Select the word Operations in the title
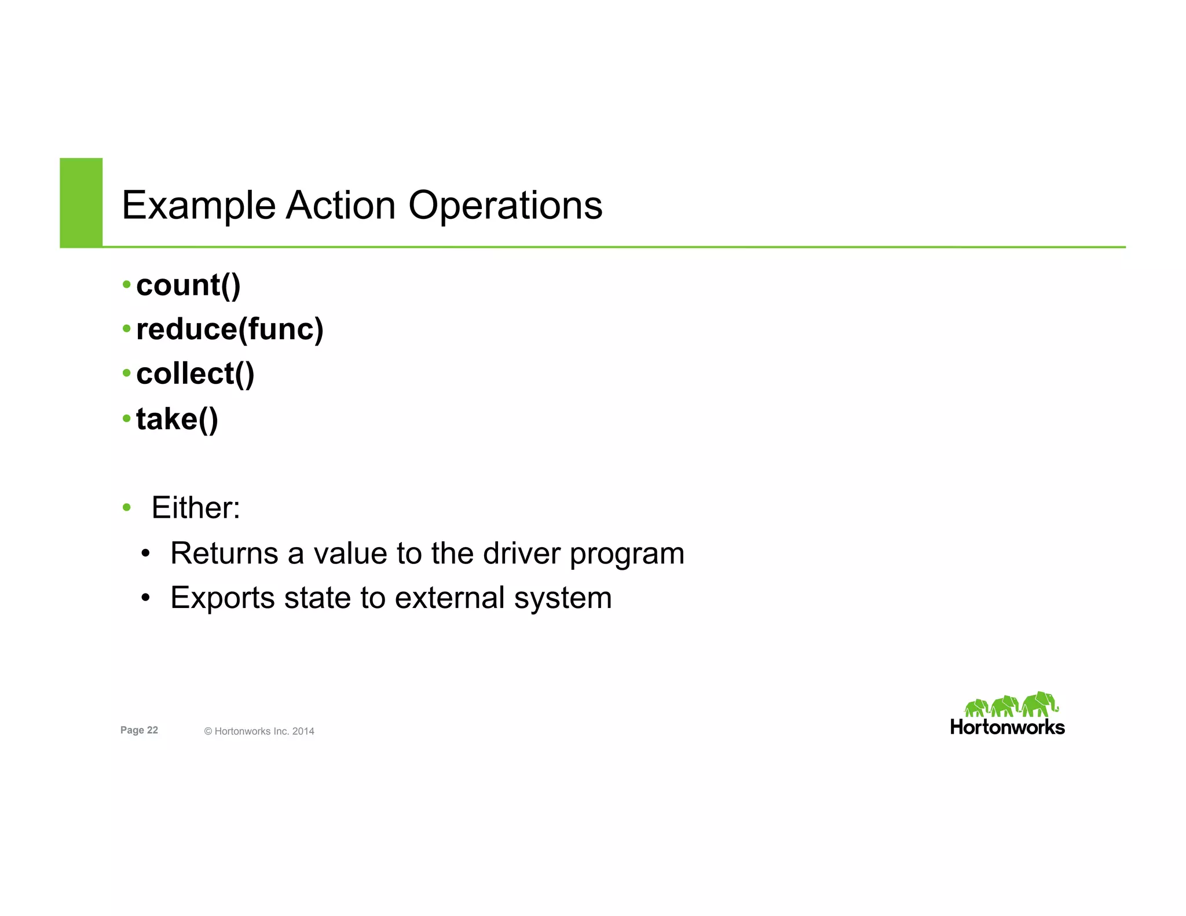tap(506, 206)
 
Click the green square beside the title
tap(81, 202)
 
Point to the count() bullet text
tap(188, 285)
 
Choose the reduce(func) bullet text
tap(230, 329)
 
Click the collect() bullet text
tap(195, 373)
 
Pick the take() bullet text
tap(177, 419)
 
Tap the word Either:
tap(196, 508)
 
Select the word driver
tap(522, 553)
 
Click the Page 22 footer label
tap(139, 730)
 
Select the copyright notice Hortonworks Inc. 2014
tap(259, 731)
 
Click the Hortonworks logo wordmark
tap(1007, 727)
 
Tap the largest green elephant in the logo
tap(1039, 704)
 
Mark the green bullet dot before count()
tap(126, 284)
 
